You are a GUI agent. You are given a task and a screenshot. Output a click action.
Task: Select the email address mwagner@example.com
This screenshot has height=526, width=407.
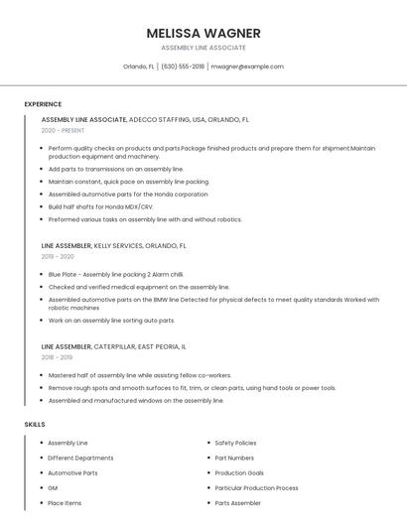click(x=247, y=66)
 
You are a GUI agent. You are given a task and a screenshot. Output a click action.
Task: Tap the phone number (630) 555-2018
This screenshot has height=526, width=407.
click(x=183, y=66)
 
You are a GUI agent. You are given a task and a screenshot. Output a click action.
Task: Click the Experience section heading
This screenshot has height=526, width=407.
click(x=43, y=104)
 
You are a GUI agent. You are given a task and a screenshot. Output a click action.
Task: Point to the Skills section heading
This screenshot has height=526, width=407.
click(x=35, y=424)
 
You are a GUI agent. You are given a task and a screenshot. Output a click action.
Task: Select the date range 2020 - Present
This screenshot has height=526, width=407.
click(x=62, y=130)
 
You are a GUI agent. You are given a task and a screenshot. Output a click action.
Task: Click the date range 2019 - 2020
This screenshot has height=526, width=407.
click(x=58, y=256)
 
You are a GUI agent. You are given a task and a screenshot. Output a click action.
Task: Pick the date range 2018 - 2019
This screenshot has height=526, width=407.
click(x=57, y=357)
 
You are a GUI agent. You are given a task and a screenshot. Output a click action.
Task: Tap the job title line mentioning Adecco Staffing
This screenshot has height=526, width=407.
click(x=145, y=119)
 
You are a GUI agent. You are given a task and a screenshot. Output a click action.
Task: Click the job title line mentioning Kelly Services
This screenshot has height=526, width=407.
click(x=113, y=245)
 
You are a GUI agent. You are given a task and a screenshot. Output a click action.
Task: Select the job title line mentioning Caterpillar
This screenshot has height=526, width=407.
click(x=113, y=346)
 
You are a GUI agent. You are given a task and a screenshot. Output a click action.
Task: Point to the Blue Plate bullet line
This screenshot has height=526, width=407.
click(x=116, y=274)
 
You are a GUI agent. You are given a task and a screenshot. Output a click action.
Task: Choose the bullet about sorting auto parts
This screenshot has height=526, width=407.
click(x=111, y=321)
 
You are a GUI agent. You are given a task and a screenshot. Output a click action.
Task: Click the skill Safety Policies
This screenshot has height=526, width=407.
click(x=235, y=443)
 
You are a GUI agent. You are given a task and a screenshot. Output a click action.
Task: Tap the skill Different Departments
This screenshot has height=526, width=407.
click(x=80, y=458)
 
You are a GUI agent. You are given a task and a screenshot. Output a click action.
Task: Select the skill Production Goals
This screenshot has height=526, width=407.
click(x=237, y=473)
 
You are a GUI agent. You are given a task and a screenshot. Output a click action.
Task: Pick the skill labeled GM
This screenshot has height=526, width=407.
click(x=53, y=488)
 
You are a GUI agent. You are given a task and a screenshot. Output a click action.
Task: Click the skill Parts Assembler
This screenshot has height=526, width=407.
click(x=237, y=503)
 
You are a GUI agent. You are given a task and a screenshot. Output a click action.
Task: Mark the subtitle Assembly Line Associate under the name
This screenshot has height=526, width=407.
click(x=203, y=48)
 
